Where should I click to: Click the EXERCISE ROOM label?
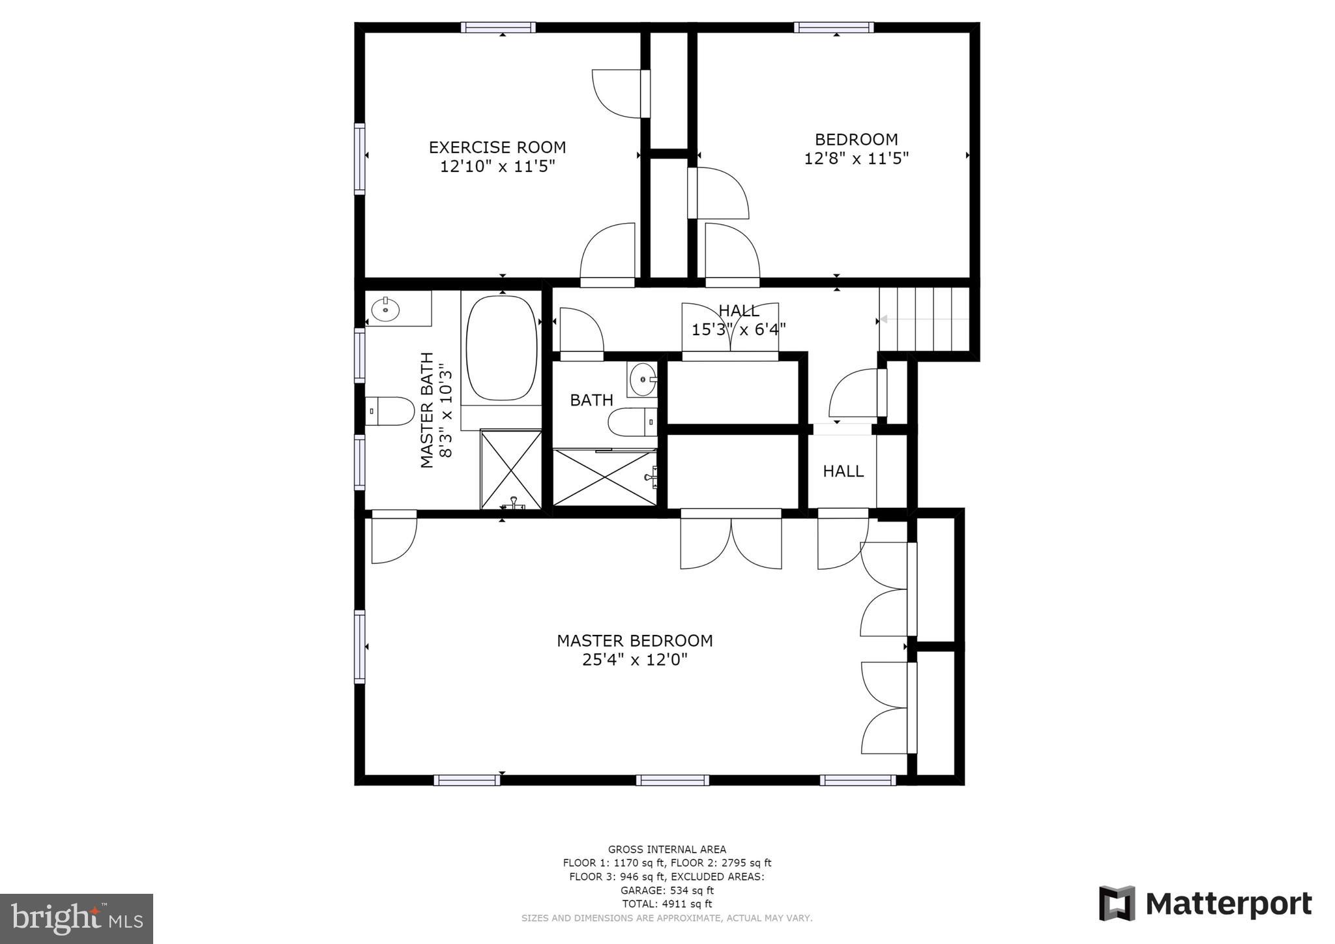497,147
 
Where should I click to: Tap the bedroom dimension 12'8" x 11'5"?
856,158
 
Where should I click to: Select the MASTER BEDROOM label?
634,640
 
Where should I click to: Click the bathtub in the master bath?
501,348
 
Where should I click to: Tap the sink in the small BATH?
643,379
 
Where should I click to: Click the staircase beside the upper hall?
922,319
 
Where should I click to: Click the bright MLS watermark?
76,919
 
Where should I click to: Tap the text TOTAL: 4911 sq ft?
667,904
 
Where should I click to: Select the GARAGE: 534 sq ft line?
667,890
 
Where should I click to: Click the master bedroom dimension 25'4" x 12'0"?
634,660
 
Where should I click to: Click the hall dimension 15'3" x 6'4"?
738,329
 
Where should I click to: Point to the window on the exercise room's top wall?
498,27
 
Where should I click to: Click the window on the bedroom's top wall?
834,27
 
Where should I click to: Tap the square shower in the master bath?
511,468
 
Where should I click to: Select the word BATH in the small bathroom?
591,400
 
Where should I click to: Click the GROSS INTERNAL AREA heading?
667,849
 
